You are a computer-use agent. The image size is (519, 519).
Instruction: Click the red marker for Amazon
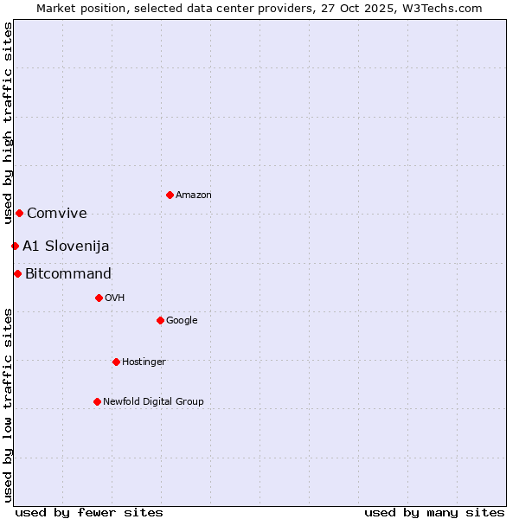coord(170,195)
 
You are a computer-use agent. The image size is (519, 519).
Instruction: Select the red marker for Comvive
coord(19,213)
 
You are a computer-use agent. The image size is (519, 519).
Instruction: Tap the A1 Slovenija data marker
coord(15,246)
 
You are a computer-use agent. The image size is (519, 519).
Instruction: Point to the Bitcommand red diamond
coord(17,273)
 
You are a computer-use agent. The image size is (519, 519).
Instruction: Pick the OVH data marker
coord(99,298)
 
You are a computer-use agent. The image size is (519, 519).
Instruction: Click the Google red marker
coord(160,320)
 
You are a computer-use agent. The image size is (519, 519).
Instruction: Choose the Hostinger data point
coord(116,362)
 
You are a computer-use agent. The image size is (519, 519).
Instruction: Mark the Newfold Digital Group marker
coord(97,401)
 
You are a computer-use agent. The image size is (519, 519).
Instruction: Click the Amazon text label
coord(194,195)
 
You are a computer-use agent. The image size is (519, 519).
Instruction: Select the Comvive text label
coord(57,214)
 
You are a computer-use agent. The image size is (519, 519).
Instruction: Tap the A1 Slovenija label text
coord(66,247)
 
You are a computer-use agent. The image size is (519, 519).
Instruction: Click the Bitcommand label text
coord(68,274)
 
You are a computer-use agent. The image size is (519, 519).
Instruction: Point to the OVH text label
coord(115,298)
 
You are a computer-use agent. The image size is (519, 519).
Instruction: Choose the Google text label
coord(182,321)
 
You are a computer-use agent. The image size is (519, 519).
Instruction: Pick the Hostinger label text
coord(144,362)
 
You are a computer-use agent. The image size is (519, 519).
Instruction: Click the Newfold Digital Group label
coord(153,402)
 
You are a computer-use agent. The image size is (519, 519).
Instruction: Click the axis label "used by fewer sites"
coord(89,512)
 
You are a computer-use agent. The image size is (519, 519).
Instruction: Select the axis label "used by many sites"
coord(434,512)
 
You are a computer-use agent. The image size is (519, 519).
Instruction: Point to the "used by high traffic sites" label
coord(8,124)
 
